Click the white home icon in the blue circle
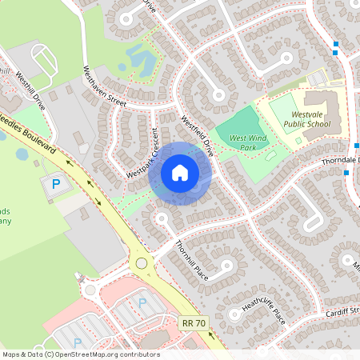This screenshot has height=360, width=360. (180, 173)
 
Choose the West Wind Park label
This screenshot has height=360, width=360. (247, 142)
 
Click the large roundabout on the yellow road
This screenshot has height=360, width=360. (142, 262)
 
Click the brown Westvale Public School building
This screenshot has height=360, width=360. (324, 108)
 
